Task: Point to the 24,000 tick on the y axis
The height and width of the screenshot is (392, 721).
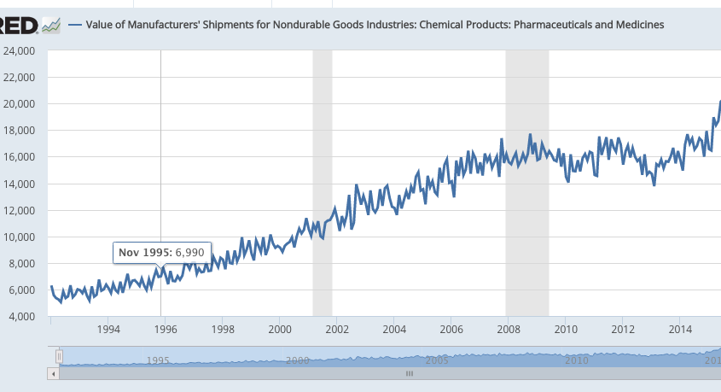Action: pos(18,50)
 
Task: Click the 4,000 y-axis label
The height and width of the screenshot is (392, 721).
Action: pos(20,317)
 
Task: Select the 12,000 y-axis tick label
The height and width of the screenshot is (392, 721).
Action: pos(18,210)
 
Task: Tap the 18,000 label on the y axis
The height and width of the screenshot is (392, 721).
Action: pos(18,131)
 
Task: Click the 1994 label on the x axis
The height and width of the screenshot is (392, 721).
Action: pos(108,329)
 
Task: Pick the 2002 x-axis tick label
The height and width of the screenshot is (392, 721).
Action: pos(337,329)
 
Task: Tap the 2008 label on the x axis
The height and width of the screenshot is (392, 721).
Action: pos(509,329)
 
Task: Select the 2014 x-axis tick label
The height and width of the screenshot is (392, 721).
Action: pos(680,329)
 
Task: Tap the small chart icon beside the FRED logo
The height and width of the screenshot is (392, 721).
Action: pos(52,26)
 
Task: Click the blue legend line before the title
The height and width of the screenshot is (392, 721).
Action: pos(74,25)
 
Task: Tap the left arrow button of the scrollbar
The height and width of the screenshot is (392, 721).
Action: pos(54,373)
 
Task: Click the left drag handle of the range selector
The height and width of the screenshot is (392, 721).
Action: pos(59,355)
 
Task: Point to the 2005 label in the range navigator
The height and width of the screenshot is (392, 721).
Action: pos(437,360)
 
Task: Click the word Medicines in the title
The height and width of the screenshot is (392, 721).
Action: pos(633,25)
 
